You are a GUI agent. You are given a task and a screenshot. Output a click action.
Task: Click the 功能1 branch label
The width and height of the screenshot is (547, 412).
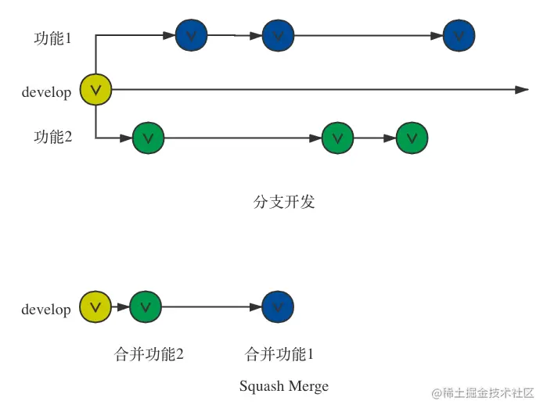click(x=52, y=38)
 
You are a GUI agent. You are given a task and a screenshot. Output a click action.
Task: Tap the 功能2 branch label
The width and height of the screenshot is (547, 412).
click(x=52, y=138)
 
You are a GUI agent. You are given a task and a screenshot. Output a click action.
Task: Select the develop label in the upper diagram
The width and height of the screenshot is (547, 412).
click(x=46, y=92)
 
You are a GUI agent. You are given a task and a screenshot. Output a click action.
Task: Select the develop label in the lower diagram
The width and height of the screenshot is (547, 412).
click(x=46, y=310)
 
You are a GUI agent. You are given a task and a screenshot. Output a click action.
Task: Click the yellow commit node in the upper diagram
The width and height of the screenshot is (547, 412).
click(x=96, y=90)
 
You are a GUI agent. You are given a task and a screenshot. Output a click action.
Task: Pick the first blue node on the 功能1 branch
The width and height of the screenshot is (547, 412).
click(x=192, y=35)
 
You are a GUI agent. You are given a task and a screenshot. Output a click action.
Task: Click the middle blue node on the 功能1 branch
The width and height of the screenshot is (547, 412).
click(x=277, y=35)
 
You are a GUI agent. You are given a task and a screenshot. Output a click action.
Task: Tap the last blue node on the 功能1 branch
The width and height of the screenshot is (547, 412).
click(x=459, y=35)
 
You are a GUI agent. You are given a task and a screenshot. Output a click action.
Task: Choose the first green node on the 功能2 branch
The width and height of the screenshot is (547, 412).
click(x=149, y=138)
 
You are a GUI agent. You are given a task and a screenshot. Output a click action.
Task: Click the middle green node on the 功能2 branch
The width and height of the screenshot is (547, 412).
click(x=337, y=138)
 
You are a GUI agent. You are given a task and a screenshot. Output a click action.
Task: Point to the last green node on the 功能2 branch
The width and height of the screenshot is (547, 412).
click(x=412, y=138)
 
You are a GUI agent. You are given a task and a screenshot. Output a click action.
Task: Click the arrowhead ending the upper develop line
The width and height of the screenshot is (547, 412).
click(x=523, y=90)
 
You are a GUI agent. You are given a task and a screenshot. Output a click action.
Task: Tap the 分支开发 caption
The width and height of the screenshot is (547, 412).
click(x=284, y=202)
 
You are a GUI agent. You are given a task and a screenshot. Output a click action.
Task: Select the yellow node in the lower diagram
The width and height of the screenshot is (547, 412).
click(x=95, y=306)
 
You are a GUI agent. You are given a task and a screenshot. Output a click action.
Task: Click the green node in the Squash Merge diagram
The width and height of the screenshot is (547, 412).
click(x=146, y=306)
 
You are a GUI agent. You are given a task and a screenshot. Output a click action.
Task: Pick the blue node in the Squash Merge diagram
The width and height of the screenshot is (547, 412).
click(x=278, y=306)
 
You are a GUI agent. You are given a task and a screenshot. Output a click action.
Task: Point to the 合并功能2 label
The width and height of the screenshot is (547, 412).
click(x=149, y=355)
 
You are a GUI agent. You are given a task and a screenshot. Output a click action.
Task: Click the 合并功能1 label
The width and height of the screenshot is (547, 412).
click(x=279, y=355)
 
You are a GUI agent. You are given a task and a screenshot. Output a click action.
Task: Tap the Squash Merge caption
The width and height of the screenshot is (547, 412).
click(x=283, y=386)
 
